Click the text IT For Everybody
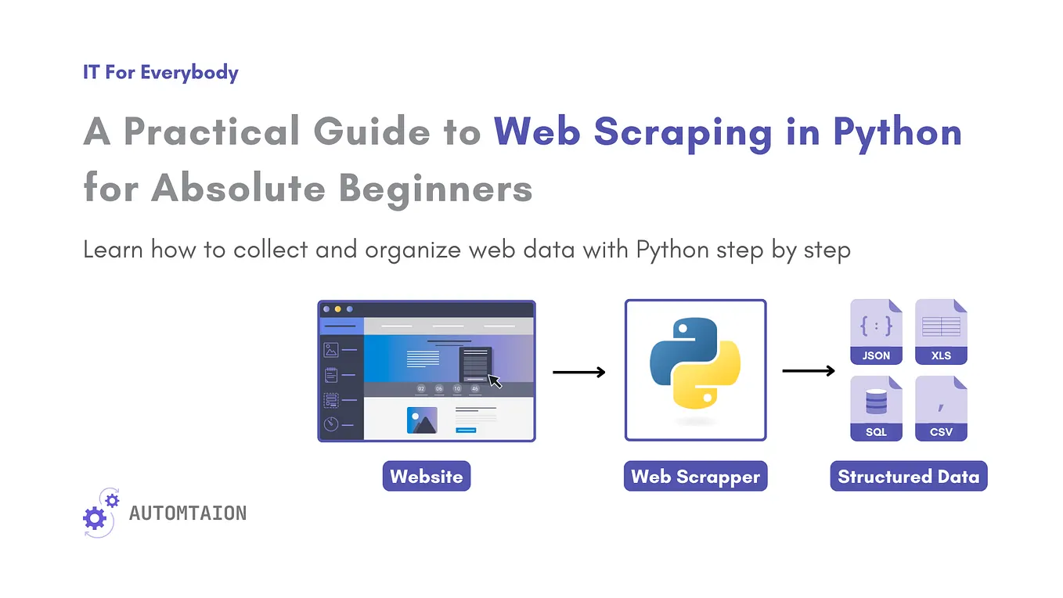(160, 73)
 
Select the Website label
(427, 476)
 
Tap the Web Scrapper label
(695, 476)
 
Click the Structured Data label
(908, 476)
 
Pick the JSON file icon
(876, 332)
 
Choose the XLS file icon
(941, 332)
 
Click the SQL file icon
(876, 408)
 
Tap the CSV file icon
(941, 408)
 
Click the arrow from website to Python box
(579, 373)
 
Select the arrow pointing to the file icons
(809, 371)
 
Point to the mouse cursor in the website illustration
(495, 381)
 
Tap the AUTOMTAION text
(188, 513)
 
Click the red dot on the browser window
(326, 309)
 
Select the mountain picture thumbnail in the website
(422, 420)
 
